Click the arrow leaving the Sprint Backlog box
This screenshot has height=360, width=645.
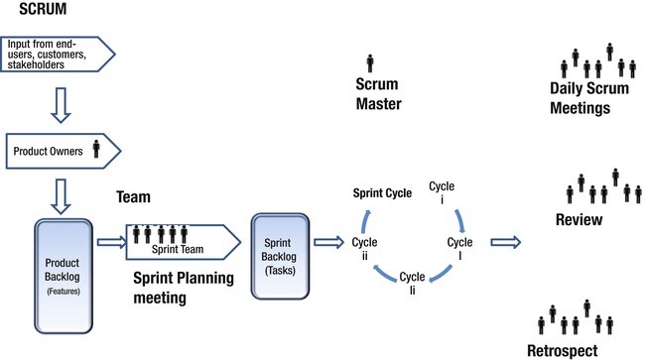pyautogui.click(x=329, y=240)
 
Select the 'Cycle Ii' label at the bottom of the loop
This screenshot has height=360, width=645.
pyautogui.click(x=412, y=282)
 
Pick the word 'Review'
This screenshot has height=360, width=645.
pyautogui.click(x=580, y=219)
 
